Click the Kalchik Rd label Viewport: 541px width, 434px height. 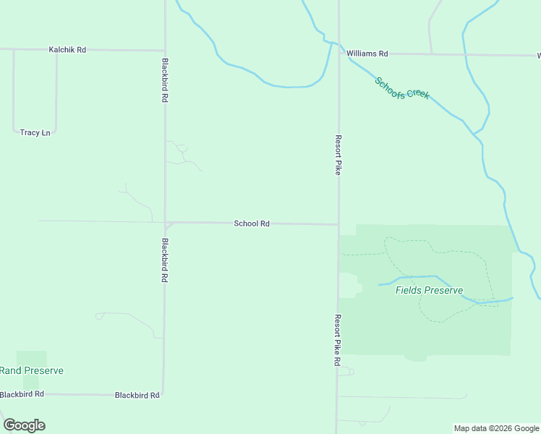click(x=67, y=50)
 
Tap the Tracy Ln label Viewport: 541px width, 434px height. click(x=35, y=132)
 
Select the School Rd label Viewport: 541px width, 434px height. click(x=252, y=224)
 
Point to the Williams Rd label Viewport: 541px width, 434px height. click(x=367, y=54)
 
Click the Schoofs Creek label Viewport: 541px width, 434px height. click(x=402, y=88)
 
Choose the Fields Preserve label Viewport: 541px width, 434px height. click(x=429, y=291)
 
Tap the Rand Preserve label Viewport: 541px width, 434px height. click(x=31, y=371)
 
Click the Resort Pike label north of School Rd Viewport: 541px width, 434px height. click(x=338, y=155)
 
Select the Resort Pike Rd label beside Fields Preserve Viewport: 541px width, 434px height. click(x=338, y=340)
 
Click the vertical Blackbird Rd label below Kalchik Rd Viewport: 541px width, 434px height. click(x=166, y=80)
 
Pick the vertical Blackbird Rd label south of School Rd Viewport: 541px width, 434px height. click(x=166, y=260)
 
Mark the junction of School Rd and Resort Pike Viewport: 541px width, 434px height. click(x=338, y=224)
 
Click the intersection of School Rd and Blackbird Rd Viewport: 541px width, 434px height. click(x=166, y=223)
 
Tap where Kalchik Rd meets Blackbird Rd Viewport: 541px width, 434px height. click(x=166, y=51)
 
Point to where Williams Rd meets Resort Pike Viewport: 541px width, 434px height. click(x=338, y=53)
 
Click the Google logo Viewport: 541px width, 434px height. click(x=24, y=425)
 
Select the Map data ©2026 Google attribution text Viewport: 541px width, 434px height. click(x=497, y=428)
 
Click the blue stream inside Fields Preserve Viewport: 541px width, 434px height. click(x=419, y=277)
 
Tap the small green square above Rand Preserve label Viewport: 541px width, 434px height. click(x=31, y=358)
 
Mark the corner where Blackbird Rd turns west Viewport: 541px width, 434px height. click(x=163, y=394)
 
